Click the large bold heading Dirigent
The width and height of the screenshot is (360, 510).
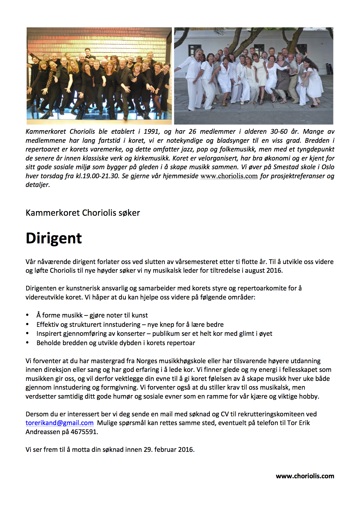click(54, 238)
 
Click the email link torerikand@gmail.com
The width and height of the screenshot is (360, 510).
click(60, 423)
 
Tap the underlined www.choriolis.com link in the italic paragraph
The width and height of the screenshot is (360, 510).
click(229, 176)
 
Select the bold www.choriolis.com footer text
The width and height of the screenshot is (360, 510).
click(305, 476)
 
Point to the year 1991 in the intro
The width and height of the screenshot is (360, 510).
click(151, 131)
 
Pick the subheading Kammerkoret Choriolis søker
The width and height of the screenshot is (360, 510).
click(83, 213)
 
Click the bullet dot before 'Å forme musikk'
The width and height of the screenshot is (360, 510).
click(27, 315)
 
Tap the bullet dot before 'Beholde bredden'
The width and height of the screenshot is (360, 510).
click(27, 343)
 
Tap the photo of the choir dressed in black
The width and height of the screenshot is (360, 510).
click(99, 76)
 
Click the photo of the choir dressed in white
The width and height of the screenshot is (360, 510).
click(253, 76)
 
